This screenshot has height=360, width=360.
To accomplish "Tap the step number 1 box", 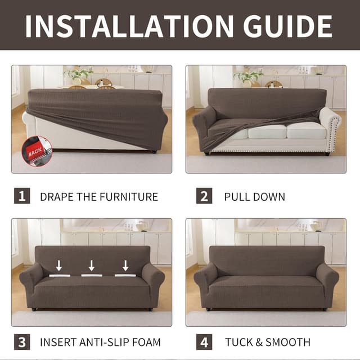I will click(x=21, y=196).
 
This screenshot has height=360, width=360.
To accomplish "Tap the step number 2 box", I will click(x=204, y=196).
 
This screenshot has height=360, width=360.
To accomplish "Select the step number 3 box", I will click(x=21, y=341).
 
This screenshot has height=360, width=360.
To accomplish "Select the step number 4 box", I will click(x=204, y=341).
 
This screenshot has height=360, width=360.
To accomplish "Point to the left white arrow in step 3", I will click(x=58, y=265).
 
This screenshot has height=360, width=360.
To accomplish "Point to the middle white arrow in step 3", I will click(x=92, y=265).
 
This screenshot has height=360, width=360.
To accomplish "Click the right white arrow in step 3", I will click(x=125, y=265).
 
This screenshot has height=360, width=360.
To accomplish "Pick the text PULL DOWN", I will click(x=254, y=197).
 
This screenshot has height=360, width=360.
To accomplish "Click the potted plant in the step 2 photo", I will click(x=248, y=75).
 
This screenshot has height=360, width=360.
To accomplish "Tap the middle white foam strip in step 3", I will click(x=92, y=275).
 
